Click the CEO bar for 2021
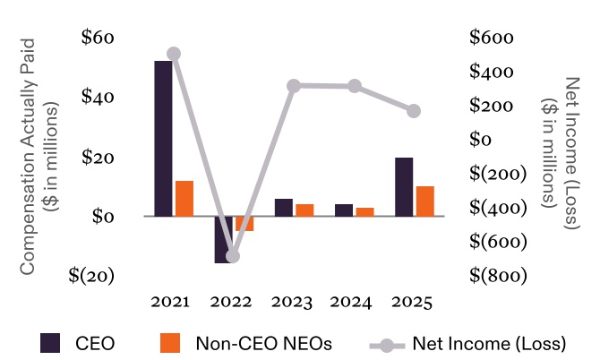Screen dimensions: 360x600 coord(163,138)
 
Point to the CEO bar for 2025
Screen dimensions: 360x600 coord(404,186)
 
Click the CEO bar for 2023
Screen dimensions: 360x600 coord(283,207)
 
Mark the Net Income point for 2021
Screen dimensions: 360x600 coord(174,54)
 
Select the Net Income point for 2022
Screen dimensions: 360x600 coord(233,256)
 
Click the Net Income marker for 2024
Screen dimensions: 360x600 coord(355,86)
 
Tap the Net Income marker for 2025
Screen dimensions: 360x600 coord(414,111)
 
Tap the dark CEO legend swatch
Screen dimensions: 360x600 coord(50,343)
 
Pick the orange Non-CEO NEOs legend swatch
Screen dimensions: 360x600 coord(170,343)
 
